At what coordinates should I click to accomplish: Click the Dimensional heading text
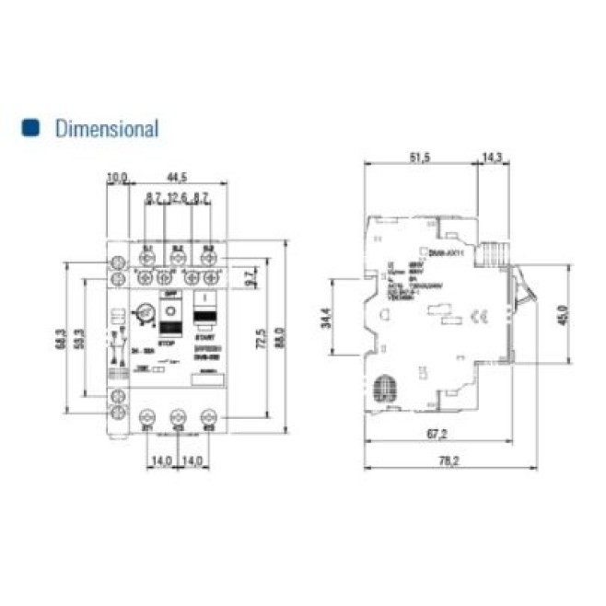107,129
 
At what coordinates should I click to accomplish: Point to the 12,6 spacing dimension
178,198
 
